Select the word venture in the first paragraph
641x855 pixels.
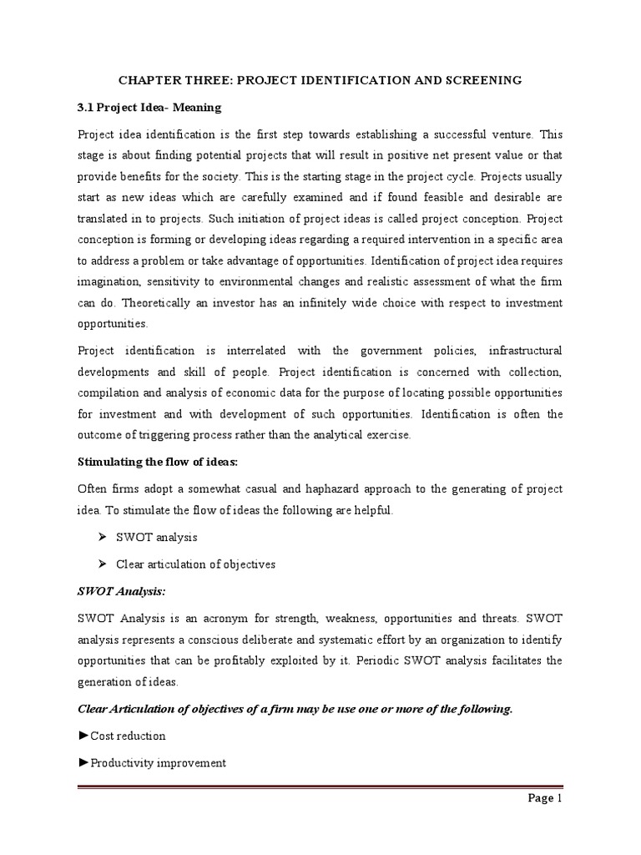(x=518, y=134)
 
